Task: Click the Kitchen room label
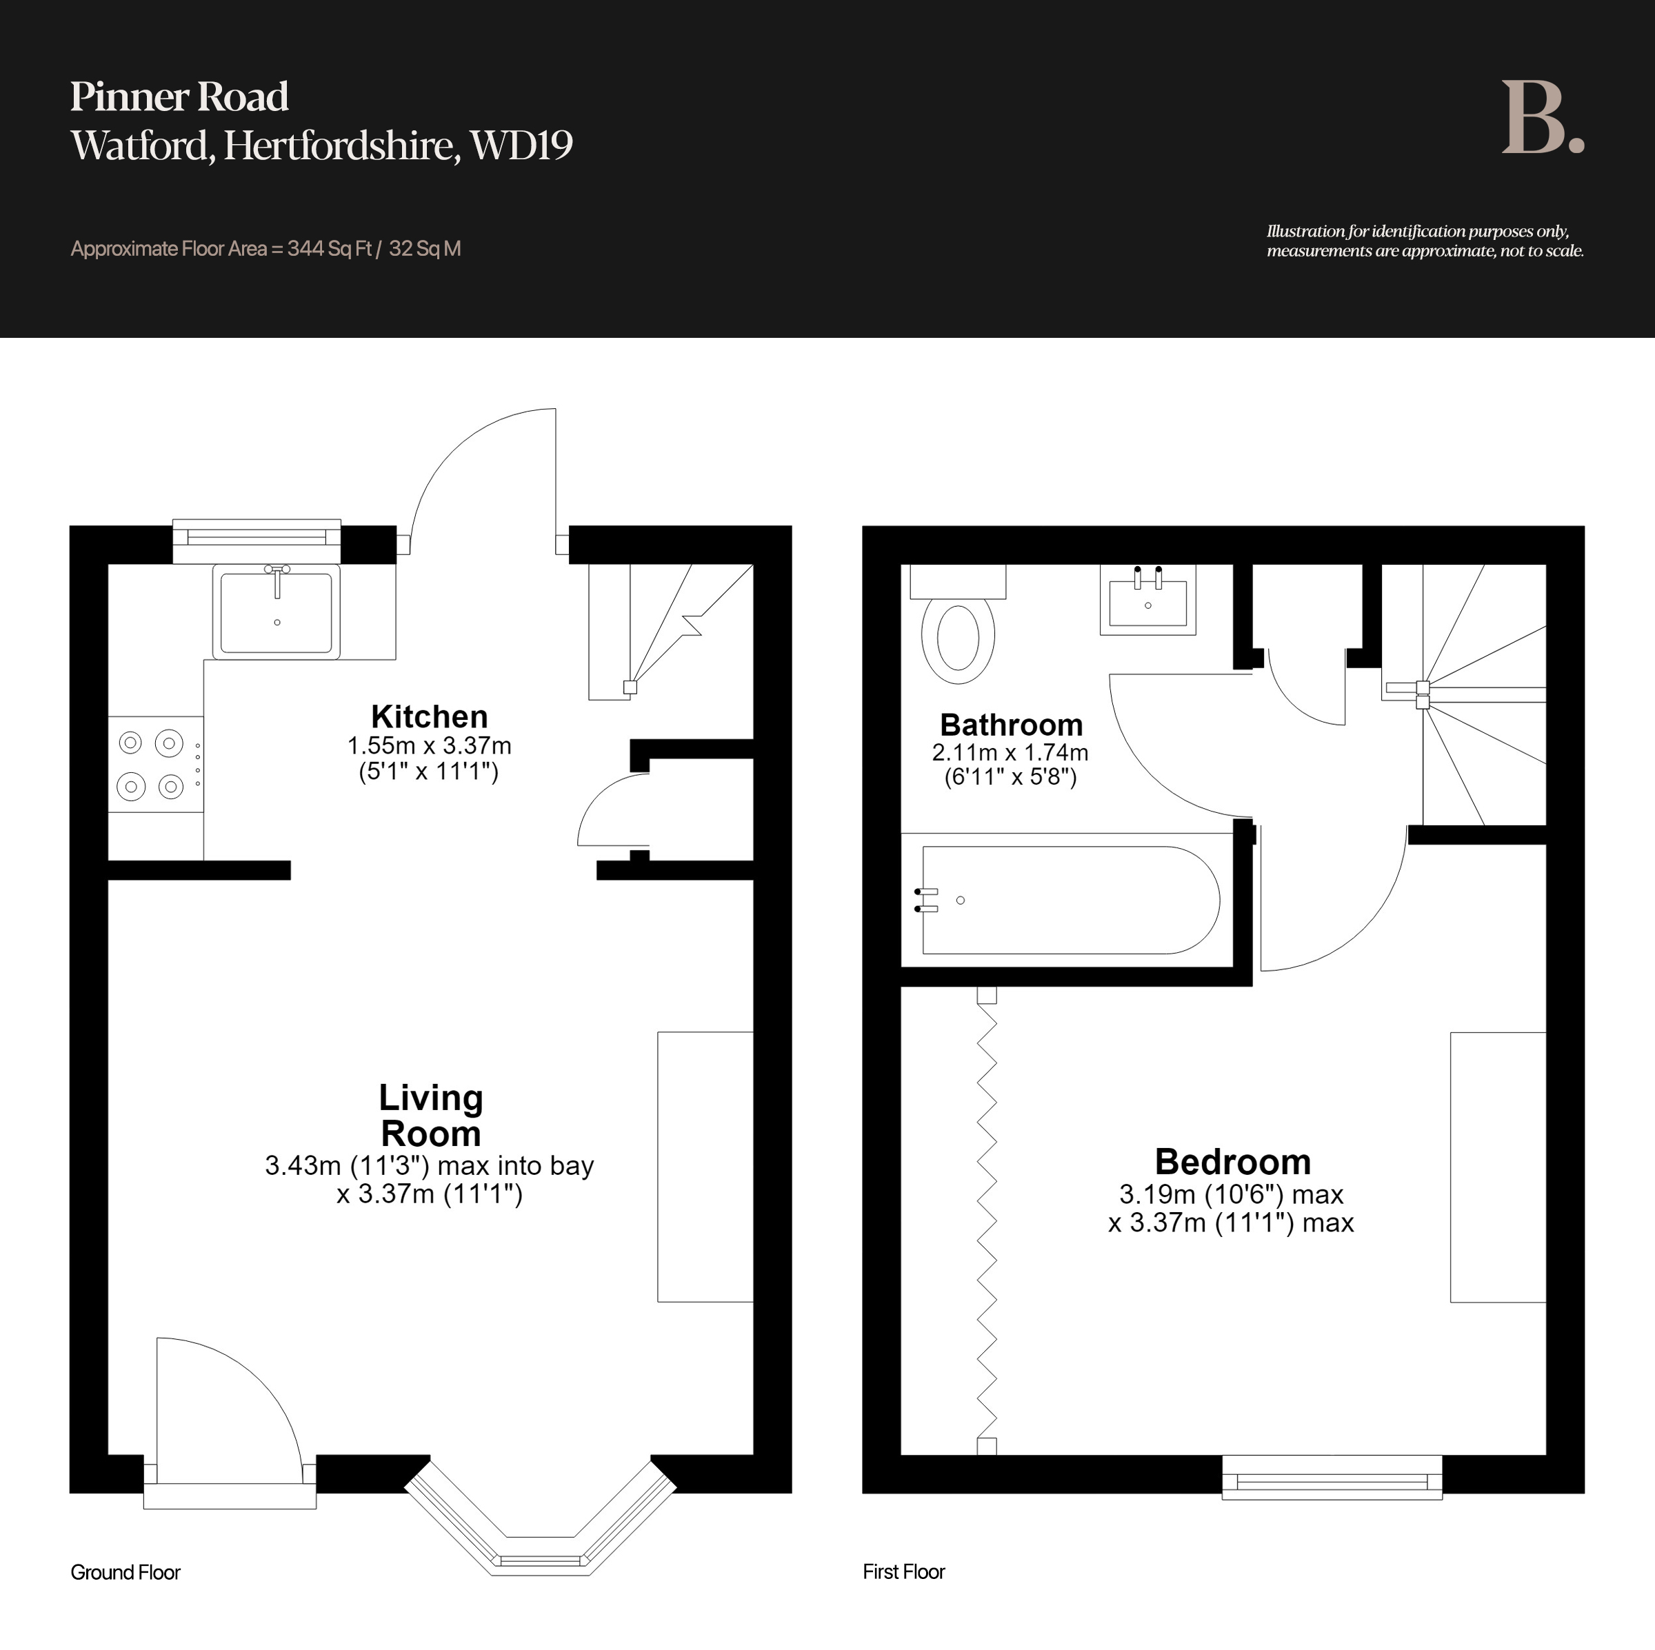coord(429,716)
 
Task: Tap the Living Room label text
coord(431,1116)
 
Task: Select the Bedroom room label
coord(1233,1162)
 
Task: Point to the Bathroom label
coord(1011,725)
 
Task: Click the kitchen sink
coord(276,611)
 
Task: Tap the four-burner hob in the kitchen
coord(155,764)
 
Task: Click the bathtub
coord(1071,900)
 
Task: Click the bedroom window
coord(1332,1478)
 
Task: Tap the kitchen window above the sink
coord(257,541)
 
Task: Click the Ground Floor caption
coord(125,1573)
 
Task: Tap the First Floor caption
coord(904,1572)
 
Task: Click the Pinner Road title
coord(179,96)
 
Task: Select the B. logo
coord(1543,117)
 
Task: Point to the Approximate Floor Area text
coord(265,248)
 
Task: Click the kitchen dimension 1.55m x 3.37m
coord(429,745)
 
